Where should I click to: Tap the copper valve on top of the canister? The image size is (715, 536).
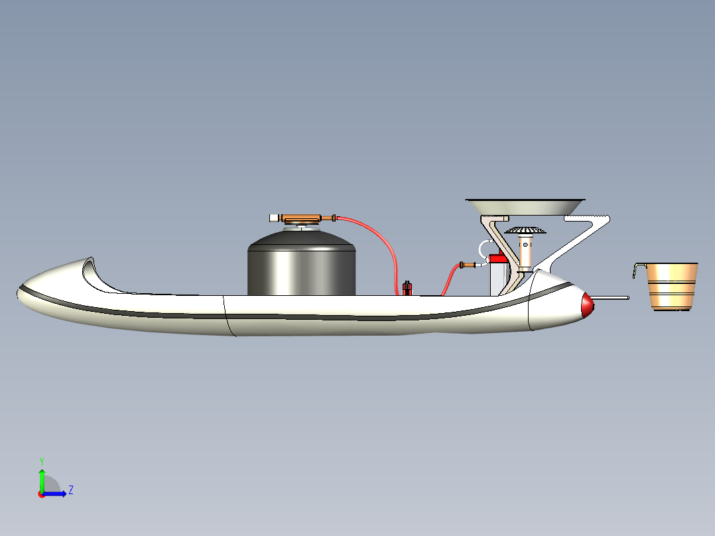tap(301, 218)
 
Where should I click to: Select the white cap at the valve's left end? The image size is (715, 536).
tap(274, 218)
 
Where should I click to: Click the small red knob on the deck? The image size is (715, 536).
tap(407, 289)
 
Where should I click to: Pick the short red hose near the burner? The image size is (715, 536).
tap(450, 278)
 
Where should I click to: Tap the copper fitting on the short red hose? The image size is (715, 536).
tap(468, 265)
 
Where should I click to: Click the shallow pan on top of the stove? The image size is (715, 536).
tap(525, 207)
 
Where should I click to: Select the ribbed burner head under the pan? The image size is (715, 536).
tap(525, 231)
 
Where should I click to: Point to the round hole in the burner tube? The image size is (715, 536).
tap(526, 245)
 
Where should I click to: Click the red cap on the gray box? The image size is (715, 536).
tap(498, 259)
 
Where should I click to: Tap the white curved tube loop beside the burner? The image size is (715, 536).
tap(483, 249)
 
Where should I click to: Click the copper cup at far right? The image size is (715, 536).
tap(672, 287)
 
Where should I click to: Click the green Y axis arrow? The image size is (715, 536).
tap(42, 480)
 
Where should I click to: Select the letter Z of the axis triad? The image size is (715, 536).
tap(71, 490)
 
